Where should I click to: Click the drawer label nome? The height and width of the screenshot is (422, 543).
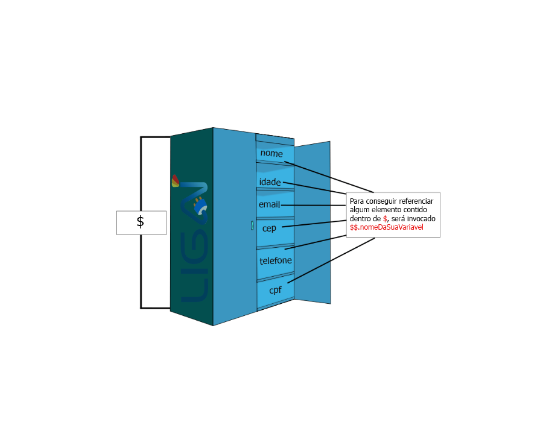[x=271, y=154]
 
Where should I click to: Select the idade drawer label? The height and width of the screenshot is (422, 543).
[x=270, y=182]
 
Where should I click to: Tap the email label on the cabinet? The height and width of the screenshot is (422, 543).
[x=269, y=205]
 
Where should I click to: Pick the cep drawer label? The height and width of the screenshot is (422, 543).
[x=269, y=228]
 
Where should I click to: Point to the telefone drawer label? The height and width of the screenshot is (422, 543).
[x=276, y=261]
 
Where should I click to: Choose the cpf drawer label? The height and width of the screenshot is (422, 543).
[x=276, y=290]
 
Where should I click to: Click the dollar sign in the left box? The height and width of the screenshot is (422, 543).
[x=141, y=222]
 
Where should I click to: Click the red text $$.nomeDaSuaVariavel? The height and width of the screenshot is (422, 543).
[x=387, y=227]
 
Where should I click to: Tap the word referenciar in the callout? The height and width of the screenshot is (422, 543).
[x=421, y=201]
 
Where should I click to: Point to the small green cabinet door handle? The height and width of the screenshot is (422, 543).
[x=252, y=226]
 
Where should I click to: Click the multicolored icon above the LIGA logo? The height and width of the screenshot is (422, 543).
[x=175, y=181]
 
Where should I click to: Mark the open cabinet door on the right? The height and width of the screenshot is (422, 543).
[x=314, y=223]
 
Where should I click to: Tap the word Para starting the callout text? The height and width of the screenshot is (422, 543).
[x=357, y=201]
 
